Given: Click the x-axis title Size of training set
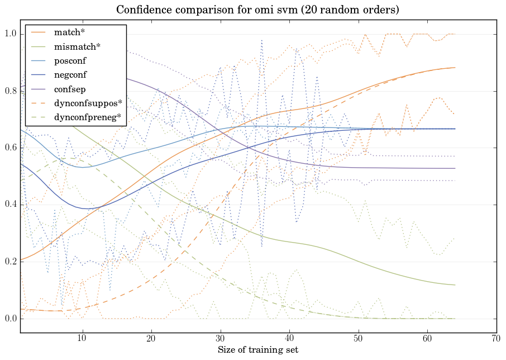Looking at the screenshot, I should coord(257,350).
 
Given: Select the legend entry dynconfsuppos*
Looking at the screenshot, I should coord(88,103).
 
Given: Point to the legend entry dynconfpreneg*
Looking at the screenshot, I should coord(88,117).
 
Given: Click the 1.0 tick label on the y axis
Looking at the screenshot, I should coord(10,34).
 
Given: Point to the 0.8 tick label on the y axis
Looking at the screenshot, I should coord(10,91).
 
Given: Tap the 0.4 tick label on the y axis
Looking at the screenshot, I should coord(10,205).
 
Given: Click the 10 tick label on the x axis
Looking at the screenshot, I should coord(82,339).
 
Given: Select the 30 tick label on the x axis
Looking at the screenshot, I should coord(220,339).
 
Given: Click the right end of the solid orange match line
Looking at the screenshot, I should coord(455,68).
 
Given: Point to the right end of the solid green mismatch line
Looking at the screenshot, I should coord(455,285).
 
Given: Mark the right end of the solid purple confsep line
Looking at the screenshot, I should coord(455,168).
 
